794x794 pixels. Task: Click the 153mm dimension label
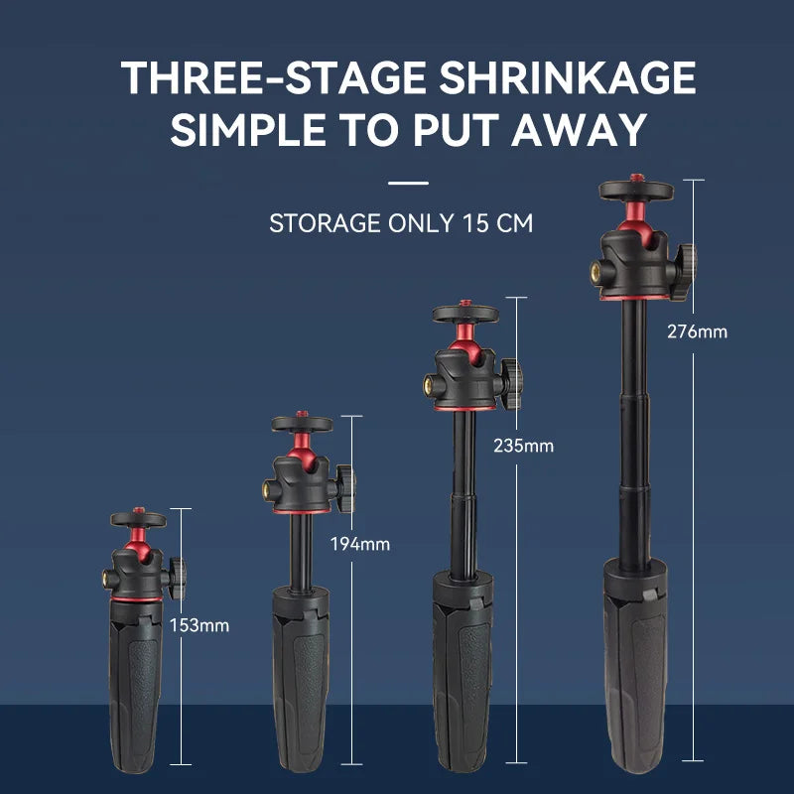199,625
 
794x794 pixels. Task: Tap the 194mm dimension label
360,544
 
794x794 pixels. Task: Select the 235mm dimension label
523,446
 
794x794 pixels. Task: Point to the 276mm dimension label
697,331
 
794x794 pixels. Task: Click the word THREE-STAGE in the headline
266,77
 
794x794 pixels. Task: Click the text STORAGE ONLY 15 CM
400,222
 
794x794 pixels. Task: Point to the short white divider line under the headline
408,183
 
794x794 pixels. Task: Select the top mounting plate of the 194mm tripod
303,425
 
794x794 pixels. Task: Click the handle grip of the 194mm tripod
303,685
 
